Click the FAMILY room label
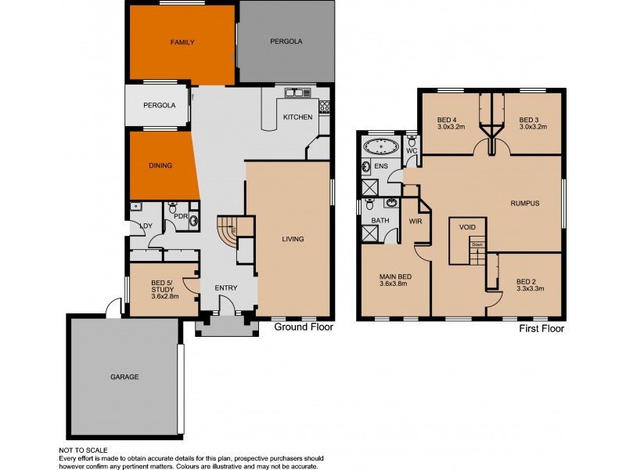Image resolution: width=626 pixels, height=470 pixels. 182,42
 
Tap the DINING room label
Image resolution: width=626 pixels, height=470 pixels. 160,165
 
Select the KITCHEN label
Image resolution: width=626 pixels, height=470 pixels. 297,117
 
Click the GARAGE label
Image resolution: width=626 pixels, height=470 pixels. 124,377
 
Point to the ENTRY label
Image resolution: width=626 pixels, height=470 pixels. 225,288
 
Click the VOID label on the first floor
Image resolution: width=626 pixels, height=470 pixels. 467,227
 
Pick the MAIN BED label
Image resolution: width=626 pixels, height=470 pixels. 395,277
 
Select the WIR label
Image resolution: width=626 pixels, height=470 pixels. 416,222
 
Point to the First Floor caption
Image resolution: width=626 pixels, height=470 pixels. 541,329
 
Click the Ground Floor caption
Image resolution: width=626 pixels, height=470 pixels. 304,327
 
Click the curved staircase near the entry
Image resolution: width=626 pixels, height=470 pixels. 227,233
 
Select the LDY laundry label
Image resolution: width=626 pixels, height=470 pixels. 145,226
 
